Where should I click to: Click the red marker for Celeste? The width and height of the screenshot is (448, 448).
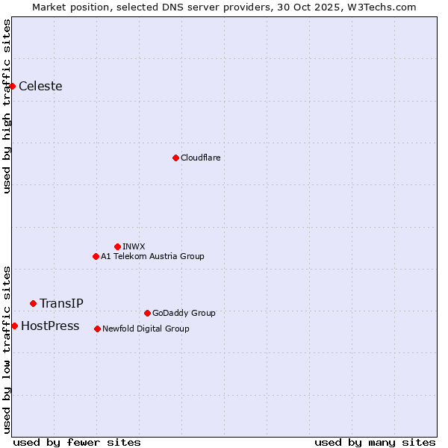tap(12, 86)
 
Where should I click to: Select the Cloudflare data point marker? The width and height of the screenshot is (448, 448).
tap(175, 158)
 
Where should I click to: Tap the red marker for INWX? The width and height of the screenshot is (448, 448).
tap(117, 246)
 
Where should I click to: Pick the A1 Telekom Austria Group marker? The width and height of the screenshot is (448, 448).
tap(96, 256)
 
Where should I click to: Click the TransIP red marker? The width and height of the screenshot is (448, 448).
tap(33, 303)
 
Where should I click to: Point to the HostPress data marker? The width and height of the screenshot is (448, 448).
tap(14, 326)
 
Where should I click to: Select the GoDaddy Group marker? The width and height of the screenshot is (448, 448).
tap(147, 313)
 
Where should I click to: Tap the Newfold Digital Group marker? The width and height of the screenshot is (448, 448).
tap(97, 329)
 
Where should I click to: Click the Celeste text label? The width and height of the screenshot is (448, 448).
tap(40, 86)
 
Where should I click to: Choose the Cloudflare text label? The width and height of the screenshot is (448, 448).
tap(200, 158)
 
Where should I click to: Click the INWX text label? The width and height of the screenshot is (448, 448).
tap(134, 246)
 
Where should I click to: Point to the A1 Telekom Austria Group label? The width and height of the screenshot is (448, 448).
tap(152, 256)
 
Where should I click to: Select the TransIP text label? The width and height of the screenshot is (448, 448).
tap(61, 303)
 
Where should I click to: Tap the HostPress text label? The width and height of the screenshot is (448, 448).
tap(50, 326)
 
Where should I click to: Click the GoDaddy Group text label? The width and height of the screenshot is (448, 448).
tap(184, 313)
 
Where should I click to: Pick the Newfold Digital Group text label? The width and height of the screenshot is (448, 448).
tap(146, 329)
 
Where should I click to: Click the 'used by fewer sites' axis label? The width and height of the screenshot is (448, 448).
tap(77, 442)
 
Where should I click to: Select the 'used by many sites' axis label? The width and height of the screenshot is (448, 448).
tap(375, 442)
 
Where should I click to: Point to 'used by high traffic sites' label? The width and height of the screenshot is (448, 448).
tap(7, 106)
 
